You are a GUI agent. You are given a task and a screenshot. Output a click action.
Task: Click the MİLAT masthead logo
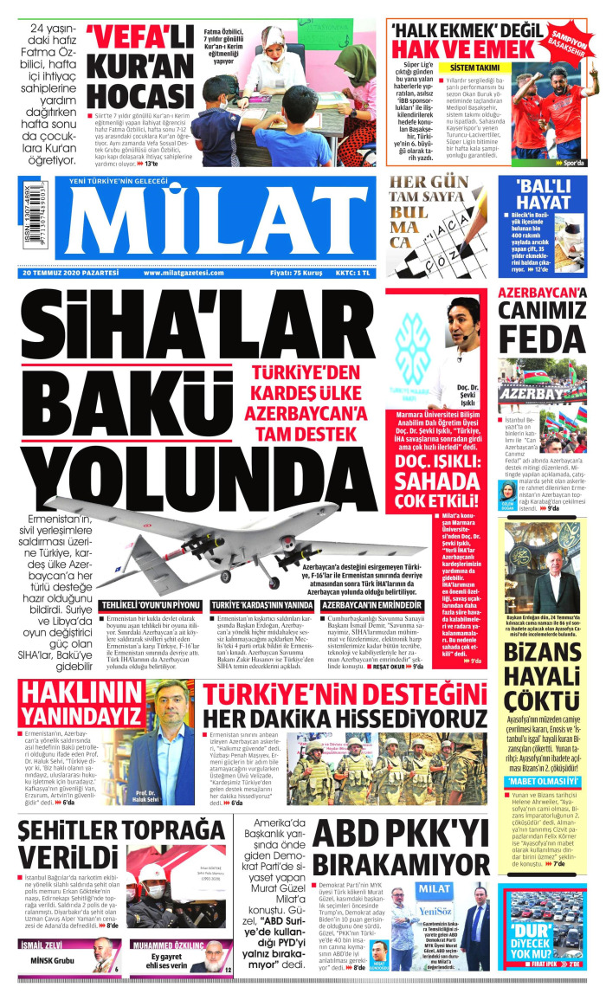pyautogui.click(x=208, y=226)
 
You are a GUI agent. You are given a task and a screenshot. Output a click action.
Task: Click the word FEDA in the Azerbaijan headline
pyautogui.click(x=543, y=339)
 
